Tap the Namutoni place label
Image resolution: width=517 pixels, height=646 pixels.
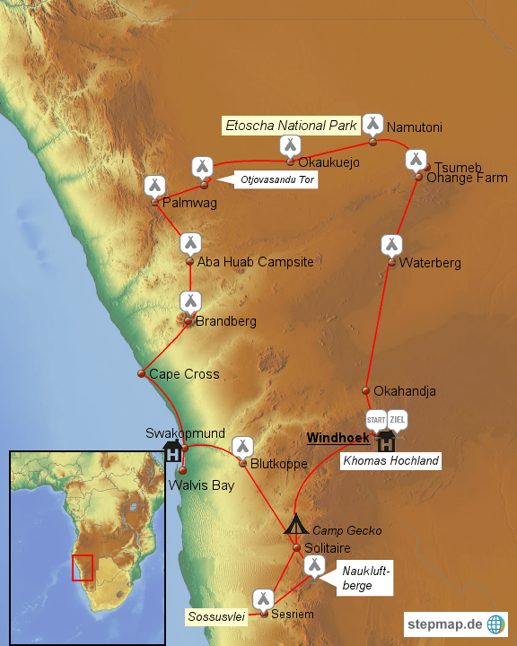point(414,127)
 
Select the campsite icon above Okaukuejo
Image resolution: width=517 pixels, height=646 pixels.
point(290,145)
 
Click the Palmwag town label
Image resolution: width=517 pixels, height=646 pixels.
point(189,204)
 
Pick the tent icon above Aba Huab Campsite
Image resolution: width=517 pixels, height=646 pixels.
point(190,243)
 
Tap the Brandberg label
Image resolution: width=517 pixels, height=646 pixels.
point(226,321)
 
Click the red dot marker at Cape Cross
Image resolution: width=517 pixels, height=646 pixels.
point(141,373)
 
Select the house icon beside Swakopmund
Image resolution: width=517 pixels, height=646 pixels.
point(171,450)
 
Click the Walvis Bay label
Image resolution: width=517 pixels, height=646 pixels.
point(201,485)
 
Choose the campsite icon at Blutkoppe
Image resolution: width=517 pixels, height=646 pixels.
point(242,446)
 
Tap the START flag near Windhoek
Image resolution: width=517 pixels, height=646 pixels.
point(376,419)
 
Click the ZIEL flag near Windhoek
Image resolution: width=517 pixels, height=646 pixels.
point(398,419)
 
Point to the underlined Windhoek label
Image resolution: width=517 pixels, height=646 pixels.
point(337,438)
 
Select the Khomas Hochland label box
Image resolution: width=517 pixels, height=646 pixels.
point(391,461)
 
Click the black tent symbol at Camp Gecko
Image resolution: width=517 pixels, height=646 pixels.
point(296,524)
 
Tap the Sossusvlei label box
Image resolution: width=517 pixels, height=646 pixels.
point(217,616)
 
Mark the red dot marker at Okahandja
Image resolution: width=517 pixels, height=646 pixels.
point(366,390)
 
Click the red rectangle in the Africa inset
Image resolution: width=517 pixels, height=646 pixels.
point(83,568)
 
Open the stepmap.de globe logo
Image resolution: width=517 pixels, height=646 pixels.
point(495,624)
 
